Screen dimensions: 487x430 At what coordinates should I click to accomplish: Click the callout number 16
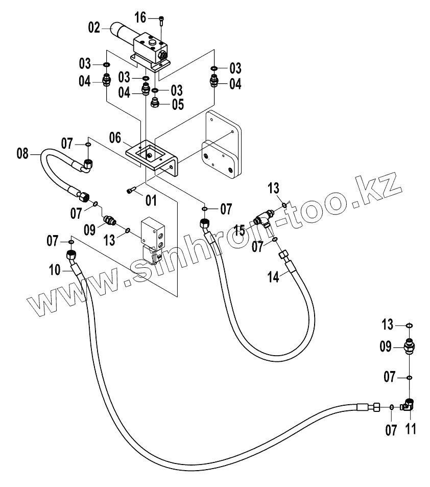140,18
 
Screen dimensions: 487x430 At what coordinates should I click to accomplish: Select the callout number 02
94,28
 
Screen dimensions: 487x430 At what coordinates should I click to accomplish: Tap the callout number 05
177,105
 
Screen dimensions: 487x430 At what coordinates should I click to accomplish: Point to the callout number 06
115,138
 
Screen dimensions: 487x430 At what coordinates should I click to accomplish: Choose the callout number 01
151,200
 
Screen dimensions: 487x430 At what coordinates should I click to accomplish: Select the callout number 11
410,429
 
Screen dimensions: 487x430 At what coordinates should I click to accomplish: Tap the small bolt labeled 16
161,19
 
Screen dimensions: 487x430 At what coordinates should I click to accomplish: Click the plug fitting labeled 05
155,104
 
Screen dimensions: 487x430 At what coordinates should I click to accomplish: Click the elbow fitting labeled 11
409,404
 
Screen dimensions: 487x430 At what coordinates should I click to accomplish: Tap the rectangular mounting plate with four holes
222,148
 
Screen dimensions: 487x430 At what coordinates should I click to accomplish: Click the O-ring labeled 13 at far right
409,326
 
